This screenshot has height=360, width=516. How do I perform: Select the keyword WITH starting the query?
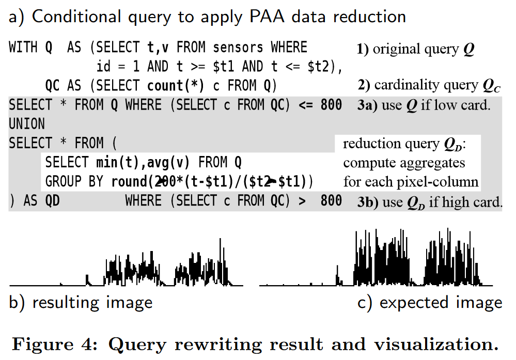[x=23, y=48]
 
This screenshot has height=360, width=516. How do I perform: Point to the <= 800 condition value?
[x=320, y=105]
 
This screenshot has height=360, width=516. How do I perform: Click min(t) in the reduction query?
[x=119, y=163]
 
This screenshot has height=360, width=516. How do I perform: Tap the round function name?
[x=129, y=182]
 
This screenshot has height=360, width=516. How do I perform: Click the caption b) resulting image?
[x=81, y=302]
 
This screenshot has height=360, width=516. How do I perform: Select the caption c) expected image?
[x=430, y=302]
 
